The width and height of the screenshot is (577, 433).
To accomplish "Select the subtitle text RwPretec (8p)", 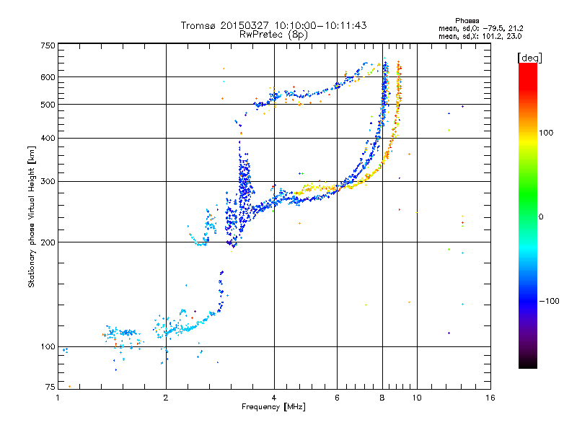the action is pos(273,35).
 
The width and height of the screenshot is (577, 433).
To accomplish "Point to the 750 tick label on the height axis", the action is pos(48,45).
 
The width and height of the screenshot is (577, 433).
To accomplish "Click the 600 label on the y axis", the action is pos(48,77).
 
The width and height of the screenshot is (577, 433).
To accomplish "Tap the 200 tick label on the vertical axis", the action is pos(48,242).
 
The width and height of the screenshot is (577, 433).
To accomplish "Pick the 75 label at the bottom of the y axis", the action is pos(50,387).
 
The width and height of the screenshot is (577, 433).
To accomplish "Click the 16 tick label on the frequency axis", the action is pos(490,398).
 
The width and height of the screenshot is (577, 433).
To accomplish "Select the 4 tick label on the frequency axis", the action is pos(274,398).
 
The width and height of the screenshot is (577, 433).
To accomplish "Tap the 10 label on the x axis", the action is pos(417,398).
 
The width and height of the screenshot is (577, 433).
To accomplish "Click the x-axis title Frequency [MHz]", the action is pos(273,407).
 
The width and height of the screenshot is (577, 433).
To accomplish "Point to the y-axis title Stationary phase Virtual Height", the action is pos(31,217).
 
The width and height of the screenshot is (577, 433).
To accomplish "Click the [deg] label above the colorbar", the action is pos(529,58).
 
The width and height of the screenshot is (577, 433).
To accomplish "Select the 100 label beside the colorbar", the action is pos(546,133).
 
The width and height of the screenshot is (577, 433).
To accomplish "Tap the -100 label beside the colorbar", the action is pos(549,301).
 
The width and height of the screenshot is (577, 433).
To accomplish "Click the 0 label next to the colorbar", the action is pos(541,217).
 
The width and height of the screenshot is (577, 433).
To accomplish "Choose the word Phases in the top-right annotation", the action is pos(467,21).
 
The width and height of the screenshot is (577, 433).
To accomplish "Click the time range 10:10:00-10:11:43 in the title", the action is pos(320,25).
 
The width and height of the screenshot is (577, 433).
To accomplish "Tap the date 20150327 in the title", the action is pos(245,25).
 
